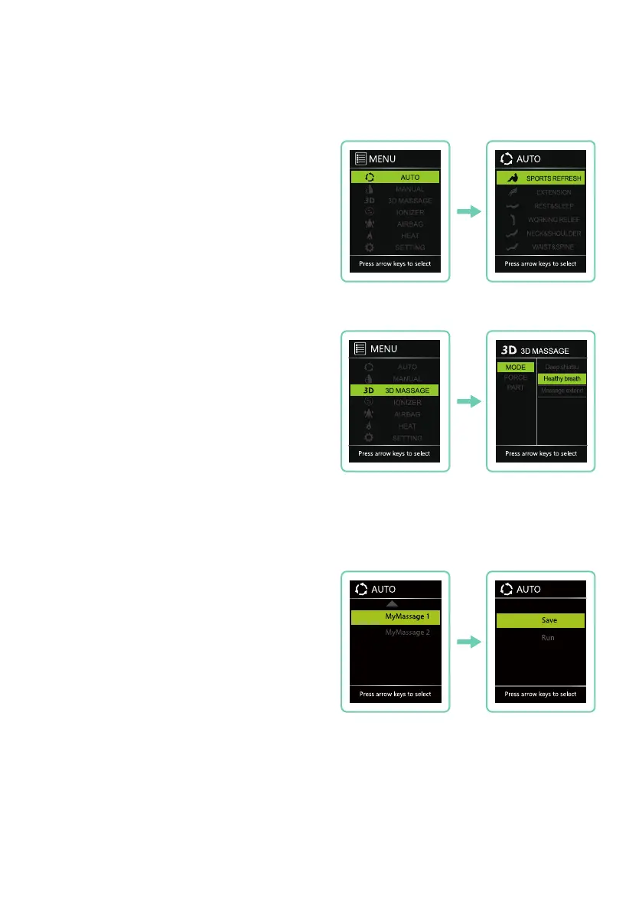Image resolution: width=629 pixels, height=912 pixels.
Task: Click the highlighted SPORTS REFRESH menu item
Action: [540, 178]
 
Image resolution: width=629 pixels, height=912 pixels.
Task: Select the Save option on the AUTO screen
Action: [540, 620]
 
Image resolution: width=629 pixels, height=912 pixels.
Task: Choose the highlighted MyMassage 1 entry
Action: [395, 616]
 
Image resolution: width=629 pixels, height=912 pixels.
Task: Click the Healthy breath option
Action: [562, 378]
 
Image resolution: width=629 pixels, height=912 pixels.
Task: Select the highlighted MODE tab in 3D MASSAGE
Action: [514, 368]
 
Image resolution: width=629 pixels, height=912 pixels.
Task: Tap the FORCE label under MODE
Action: [514, 378]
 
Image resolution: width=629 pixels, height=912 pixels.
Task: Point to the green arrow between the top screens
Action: [468, 211]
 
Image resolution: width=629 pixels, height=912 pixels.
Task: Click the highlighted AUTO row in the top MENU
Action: [395, 177]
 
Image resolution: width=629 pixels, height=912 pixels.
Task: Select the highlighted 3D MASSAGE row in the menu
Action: [395, 391]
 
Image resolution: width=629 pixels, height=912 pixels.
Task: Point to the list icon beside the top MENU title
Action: [361, 159]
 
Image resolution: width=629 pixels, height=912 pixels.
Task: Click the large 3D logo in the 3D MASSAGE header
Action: [508, 350]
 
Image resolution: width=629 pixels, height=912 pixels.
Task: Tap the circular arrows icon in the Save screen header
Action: [507, 589]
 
